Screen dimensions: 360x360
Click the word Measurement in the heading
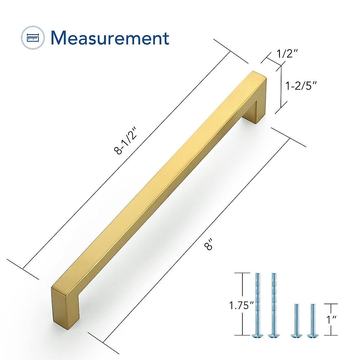pos(110,38)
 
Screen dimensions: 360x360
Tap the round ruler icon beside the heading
pos(33,38)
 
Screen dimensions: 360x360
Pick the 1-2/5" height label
pos(301,86)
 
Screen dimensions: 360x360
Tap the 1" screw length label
pos(331,319)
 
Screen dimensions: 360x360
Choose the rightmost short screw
pos(313,319)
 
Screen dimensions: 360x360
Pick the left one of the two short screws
pos(296,319)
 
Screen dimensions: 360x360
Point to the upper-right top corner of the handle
pos(259,75)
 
